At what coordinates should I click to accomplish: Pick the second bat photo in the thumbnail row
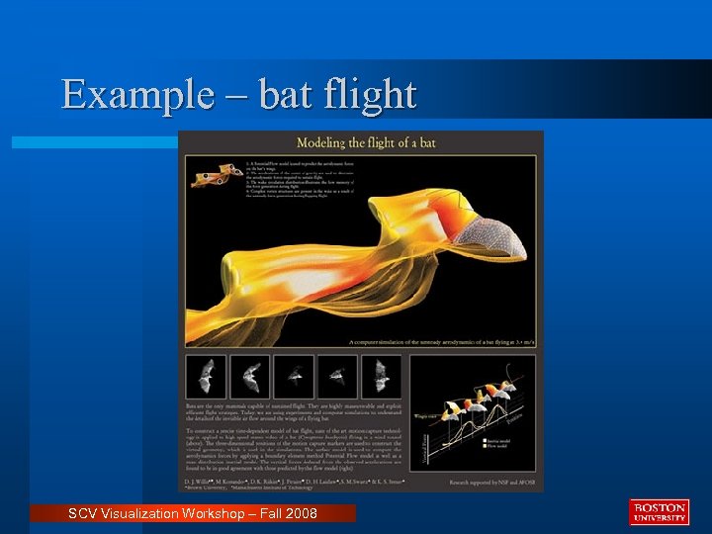pyautogui.click(x=250, y=376)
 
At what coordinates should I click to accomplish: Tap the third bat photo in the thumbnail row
pyautogui.click(x=294, y=376)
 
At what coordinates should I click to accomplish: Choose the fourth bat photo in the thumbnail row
pyautogui.click(x=337, y=376)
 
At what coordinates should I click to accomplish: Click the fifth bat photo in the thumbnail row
pyautogui.click(x=381, y=376)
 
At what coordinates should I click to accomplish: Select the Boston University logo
pyautogui.click(x=658, y=511)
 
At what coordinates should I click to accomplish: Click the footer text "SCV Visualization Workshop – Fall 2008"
pyautogui.click(x=192, y=512)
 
